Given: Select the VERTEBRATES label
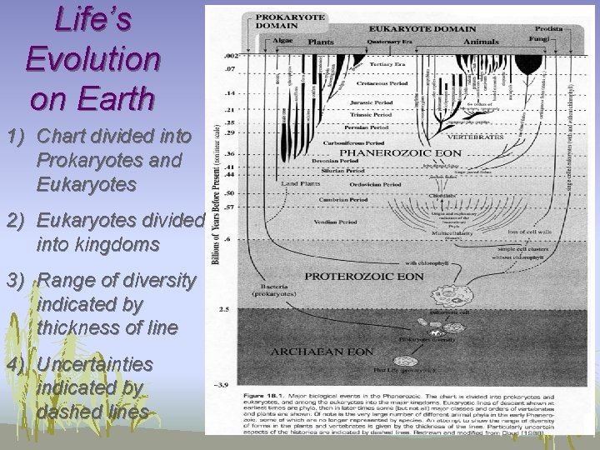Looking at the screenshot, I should pos(474,135).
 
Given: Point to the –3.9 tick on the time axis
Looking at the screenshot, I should pos(224,386).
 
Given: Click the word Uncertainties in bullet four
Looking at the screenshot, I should pos(94,365).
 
